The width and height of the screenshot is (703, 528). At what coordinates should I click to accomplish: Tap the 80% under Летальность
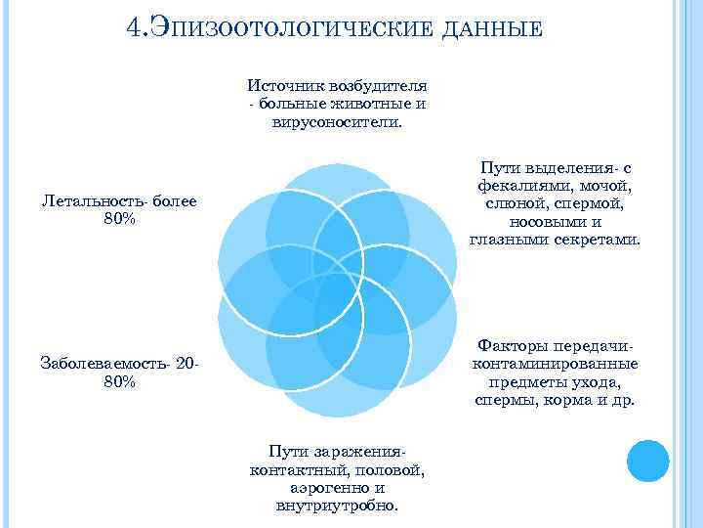119,220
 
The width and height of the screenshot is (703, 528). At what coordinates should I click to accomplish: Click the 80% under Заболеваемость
119,382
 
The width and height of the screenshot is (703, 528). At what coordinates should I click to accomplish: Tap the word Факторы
514,346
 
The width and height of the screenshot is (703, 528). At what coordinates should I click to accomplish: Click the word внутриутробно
337,506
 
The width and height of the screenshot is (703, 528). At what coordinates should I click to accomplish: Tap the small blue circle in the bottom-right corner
647,460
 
